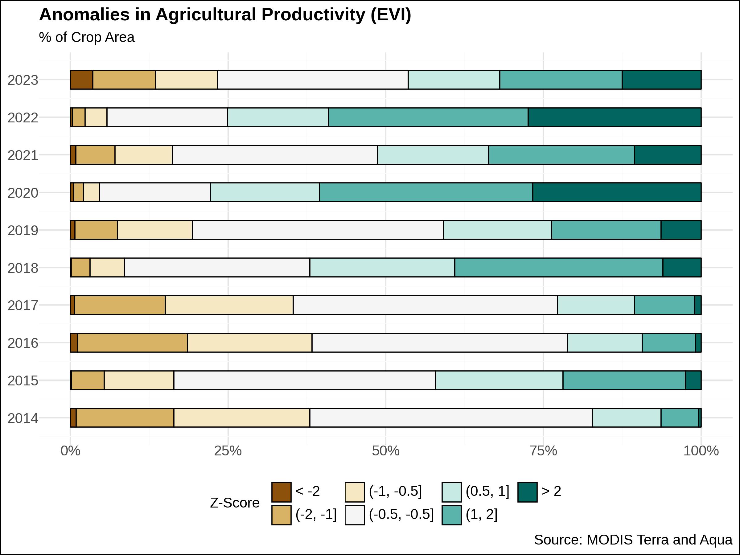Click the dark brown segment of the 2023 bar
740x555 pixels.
point(81,80)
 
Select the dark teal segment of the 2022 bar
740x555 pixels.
point(614,117)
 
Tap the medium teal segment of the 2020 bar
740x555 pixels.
point(426,192)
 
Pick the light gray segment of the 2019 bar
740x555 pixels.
point(318,230)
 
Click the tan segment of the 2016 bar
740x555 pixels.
point(133,343)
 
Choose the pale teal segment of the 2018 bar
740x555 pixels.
point(382,268)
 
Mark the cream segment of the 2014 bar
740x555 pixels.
point(241,418)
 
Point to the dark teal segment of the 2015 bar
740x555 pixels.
point(693,380)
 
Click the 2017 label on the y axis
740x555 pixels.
point(23,306)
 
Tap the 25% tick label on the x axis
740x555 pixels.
point(228,451)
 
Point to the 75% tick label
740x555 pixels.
point(543,451)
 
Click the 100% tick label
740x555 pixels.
point(701,451)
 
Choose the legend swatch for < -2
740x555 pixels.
point(281,492)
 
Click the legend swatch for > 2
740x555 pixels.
point(527,492)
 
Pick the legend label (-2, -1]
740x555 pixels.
point(316,514)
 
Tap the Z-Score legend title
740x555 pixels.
point(235,503)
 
